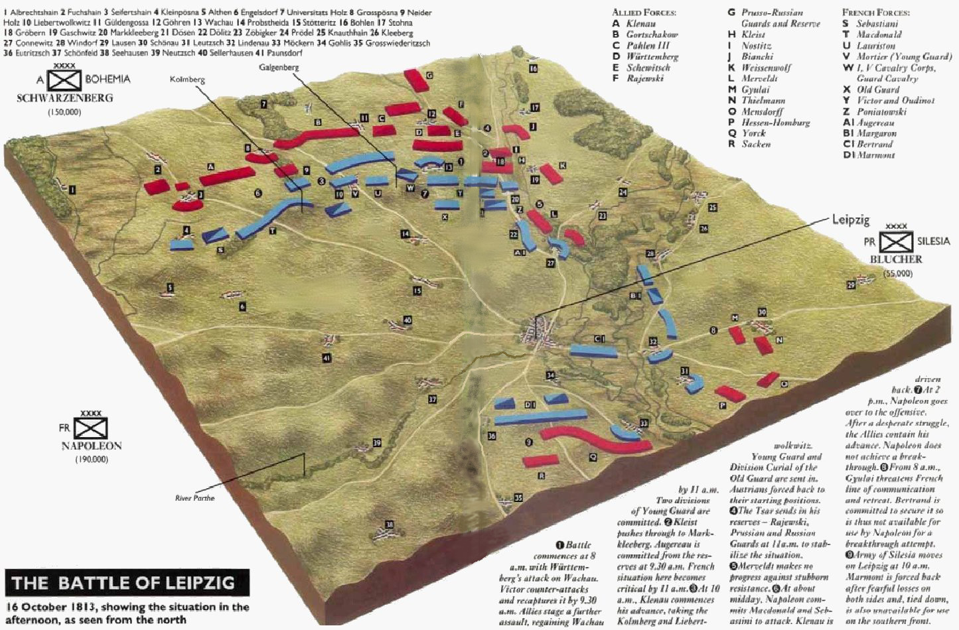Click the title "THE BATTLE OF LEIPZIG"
(x=123, y=583)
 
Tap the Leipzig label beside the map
(x=850, y=220)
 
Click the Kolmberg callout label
(x=187, y=80)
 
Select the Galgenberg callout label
(x=279, y=68)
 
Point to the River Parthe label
(x=194, y=498)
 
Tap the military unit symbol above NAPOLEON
(x=90, y=428)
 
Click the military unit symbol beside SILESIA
(x=896, y=241)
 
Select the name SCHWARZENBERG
(x=64, y=98)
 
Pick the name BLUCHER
(x=896, y=259)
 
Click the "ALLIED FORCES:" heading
(x=644, y=12)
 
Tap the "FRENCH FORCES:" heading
(x=875, y=12)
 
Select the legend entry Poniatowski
(x=881, y=111)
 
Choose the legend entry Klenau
(x=640, y=23)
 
